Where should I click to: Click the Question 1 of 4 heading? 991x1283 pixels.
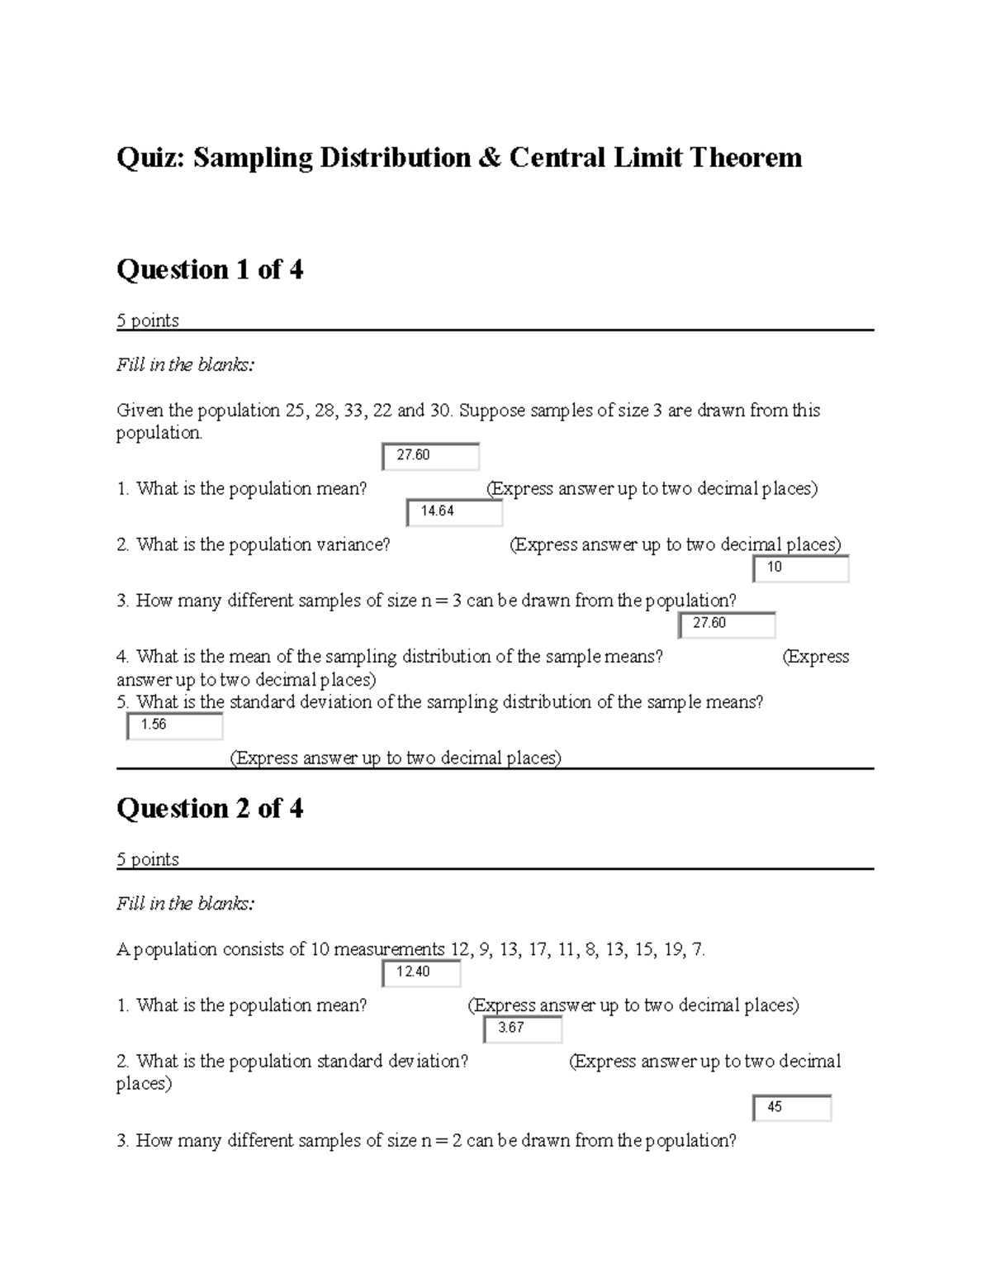coord(210,269)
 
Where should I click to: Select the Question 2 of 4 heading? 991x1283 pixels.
coord(210,808)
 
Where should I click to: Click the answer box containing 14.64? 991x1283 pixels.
coord(454,512)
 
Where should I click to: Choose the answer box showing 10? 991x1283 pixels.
coord(800,568)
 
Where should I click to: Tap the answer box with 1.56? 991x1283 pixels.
coord(174,725)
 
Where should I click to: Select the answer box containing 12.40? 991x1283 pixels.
coord(421,972)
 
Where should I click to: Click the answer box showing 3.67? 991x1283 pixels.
coord(522,1029)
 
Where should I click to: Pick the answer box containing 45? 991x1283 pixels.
coord(791,1108)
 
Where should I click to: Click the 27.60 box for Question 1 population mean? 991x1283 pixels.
coord(430,456)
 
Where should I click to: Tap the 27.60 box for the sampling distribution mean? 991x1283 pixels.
coord(727,625)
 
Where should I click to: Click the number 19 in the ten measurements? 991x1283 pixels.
coord(673,950)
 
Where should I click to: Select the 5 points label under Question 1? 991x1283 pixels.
coord(148,321)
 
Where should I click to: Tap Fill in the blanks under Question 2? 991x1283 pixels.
coord(186,904)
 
